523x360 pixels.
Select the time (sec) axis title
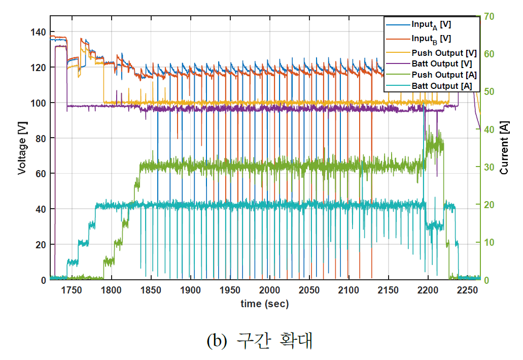click(264, 304)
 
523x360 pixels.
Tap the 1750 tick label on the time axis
click(72, 290)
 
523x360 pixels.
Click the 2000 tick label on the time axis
click(269, 290)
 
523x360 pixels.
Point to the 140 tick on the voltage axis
click(40, 32)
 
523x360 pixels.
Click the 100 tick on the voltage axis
click(40, 103)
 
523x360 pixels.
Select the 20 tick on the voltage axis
click(42, 244)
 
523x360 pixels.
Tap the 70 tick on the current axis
click(489, 16)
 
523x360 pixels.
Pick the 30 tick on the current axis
click(489, 167)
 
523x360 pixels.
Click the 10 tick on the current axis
click(489, 242)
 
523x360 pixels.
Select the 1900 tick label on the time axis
click(190, 290)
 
